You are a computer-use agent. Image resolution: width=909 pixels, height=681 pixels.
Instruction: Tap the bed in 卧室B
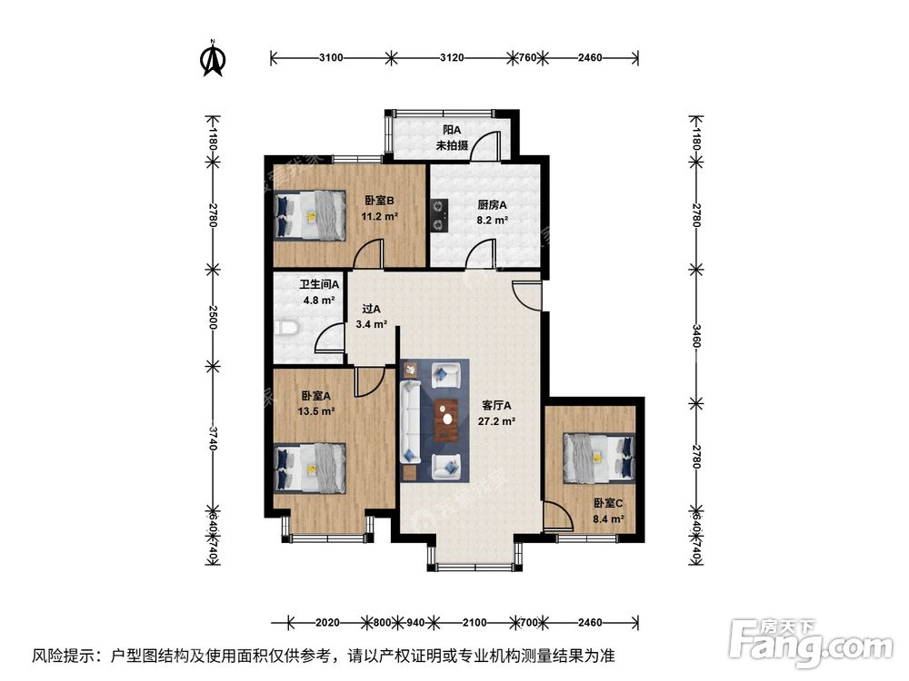click(310, 215)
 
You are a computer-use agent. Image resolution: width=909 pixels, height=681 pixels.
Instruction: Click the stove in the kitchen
click(441, 215)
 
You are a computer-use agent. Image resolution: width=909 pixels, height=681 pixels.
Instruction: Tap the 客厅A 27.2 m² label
click(498, 413)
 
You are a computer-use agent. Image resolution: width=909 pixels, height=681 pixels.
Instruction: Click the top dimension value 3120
click(452, 58)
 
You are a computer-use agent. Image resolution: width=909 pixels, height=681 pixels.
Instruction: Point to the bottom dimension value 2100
click(474, 623)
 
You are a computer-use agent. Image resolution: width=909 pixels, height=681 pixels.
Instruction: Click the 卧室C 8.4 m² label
click(609, 511)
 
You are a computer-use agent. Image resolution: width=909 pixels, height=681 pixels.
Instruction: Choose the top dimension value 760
click(525, 58)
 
